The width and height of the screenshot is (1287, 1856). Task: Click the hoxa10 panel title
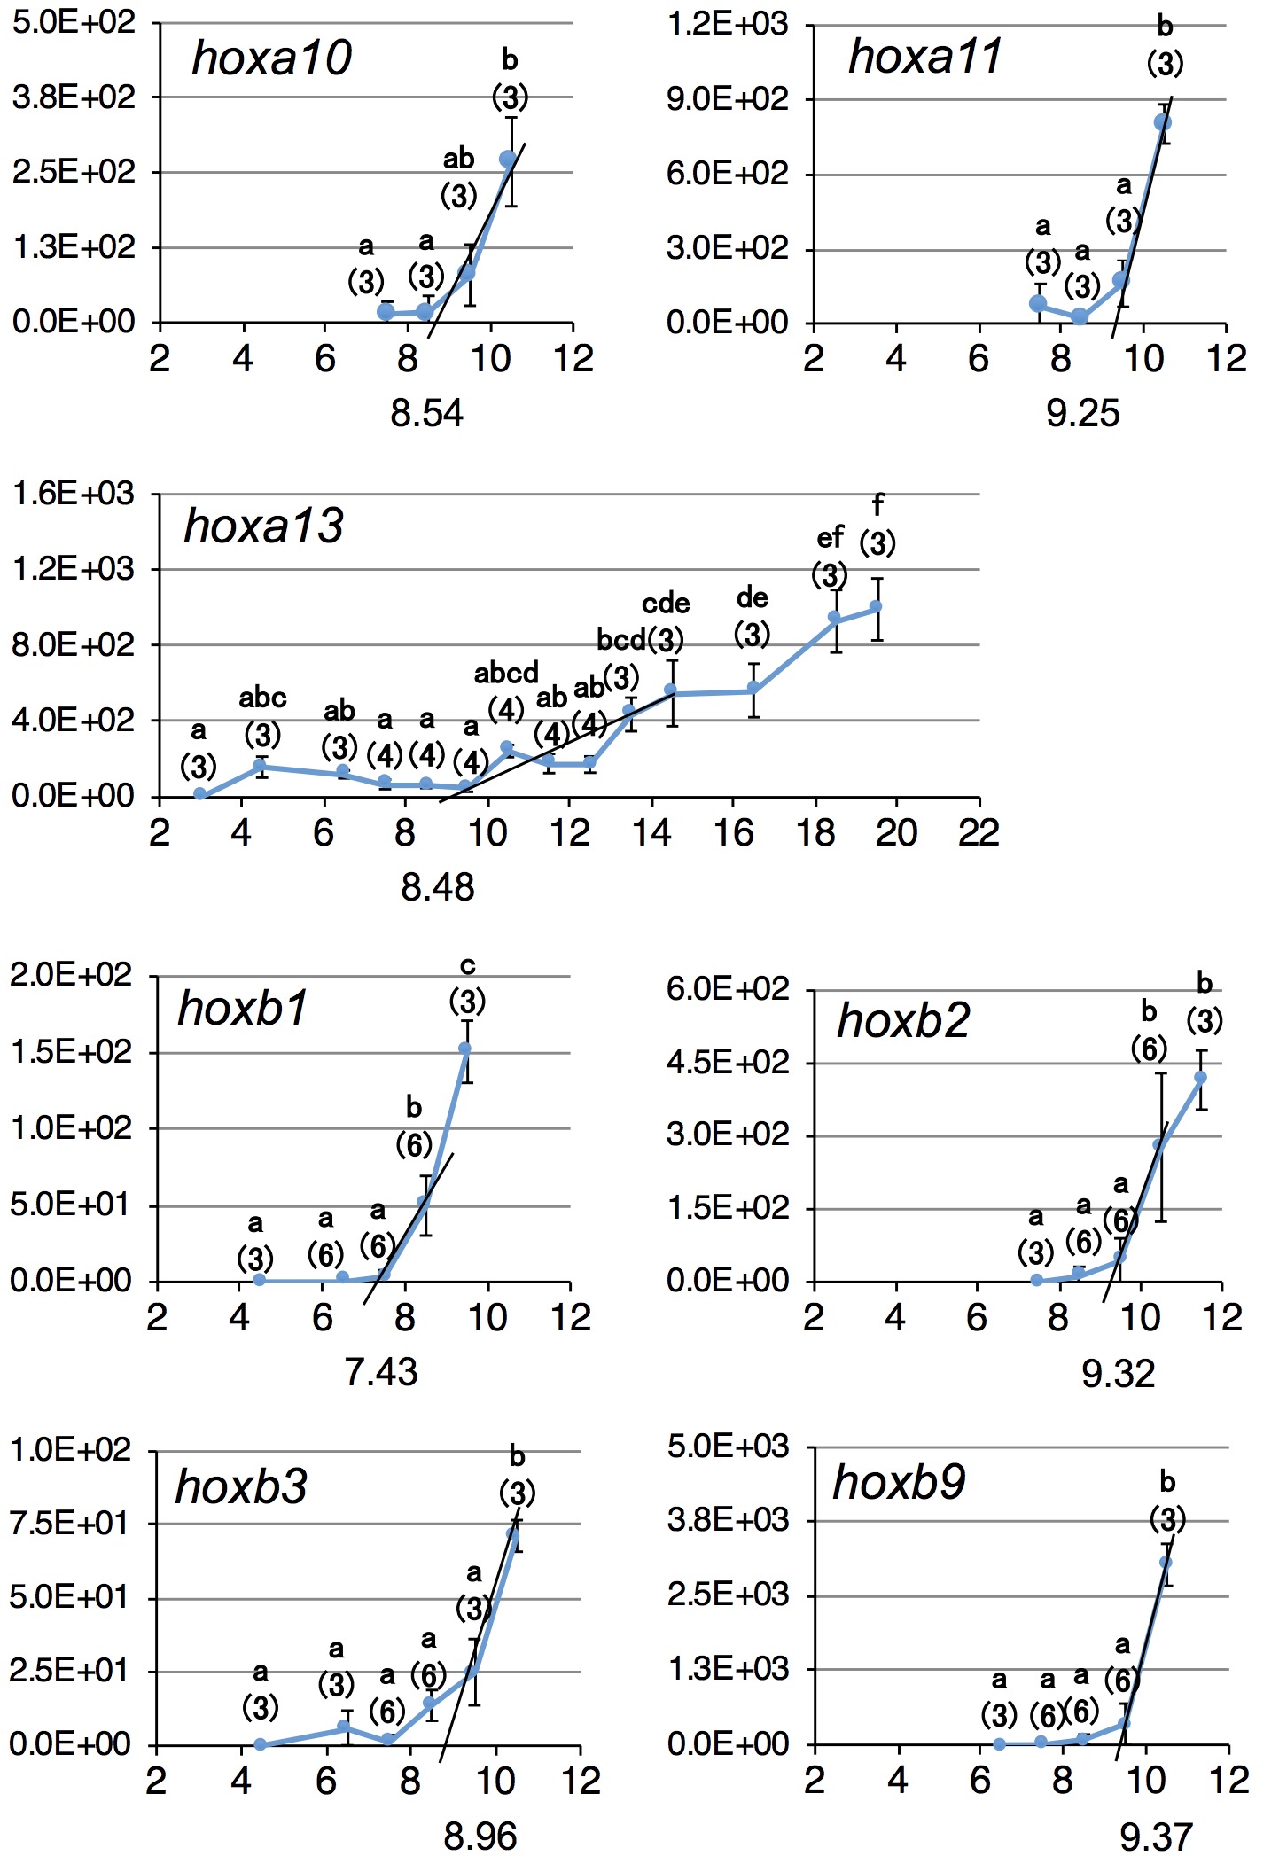coord(271,58)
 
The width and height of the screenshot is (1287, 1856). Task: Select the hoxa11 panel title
coord(924,57)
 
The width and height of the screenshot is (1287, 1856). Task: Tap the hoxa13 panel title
coord(263,526)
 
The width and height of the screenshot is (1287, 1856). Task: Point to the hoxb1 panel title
coord(242,1009)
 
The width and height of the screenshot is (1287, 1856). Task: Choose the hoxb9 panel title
coord(899,1484)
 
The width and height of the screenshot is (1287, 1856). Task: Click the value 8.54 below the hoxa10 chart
coord(426,414)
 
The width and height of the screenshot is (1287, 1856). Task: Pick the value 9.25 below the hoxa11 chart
coord(1082,414)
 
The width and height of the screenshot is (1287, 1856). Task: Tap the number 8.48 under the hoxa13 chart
coord(437,887)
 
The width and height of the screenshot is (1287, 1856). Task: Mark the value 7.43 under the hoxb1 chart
coord(380,1373)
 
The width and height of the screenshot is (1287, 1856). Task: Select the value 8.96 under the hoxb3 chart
coord(480,1837)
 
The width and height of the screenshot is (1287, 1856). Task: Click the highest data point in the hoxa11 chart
coord(1163,122)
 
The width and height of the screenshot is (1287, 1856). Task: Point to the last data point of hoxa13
coord(876,607)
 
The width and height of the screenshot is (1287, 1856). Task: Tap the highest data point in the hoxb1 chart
coord(464,1049)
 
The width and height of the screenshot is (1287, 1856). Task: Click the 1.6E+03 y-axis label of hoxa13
coord(73,493)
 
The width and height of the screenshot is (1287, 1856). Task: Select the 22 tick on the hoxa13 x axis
coord(979,833)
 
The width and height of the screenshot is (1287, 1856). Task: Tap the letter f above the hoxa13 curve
coord(877,505)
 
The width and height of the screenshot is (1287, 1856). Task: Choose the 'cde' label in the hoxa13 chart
coord(666,604)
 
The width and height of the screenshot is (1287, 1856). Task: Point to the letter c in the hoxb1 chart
coord(467,965)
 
